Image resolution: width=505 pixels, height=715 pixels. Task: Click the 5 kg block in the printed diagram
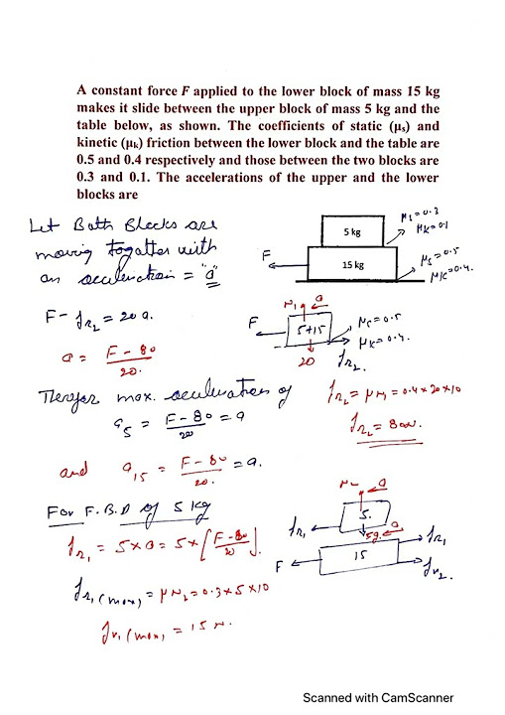click(x=353, y=231)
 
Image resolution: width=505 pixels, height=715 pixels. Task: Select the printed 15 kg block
click(x=354, y=264)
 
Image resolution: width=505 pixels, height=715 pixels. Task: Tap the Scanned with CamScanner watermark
click(x=377, y=697)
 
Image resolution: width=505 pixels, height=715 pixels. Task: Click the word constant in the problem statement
click(x=119, y=90)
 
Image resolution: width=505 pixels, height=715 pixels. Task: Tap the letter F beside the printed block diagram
click(x=267, y=255)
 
